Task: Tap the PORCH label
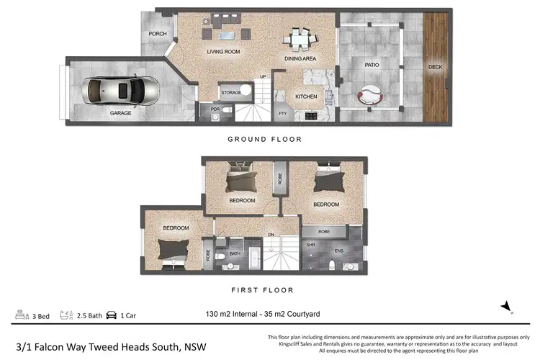pyautogui.click(x=157, y=35)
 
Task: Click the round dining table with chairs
pyautogui.click(x=297, y=39)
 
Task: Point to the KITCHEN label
pyautogui.click(x=306, y=96)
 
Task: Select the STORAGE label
pyautogui.click(x=231, y=92)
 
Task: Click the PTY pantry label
pyautogui.click(x=282, y=112)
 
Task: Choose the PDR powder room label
pyautogui.click(x=215, y=109)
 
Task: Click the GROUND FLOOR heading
pyautogui.click(x=264, y=139)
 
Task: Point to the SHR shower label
pyautogui.click(x=311, y=243)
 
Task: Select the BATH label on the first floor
pyautogui.click(x=235, y=253)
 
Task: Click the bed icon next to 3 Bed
pyautogui.click(x=19, y=315)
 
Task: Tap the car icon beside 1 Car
pyautogui.click(x=112, y=315)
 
